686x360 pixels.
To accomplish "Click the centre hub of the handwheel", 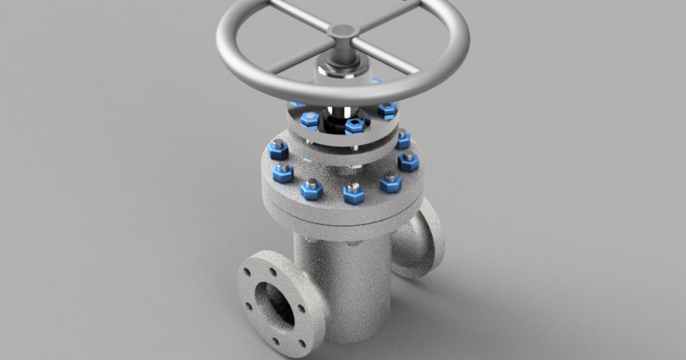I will (x=343, y=31).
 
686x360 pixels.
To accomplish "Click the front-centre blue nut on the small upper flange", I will (x=354, y=125).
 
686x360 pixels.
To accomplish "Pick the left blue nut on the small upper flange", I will (x=310, y=119).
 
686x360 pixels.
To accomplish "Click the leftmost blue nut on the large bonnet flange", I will (x=278, y=149).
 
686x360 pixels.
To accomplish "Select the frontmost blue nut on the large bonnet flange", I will (x=353, y=193).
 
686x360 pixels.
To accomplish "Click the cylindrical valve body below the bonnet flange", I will (x=343, y=280).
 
